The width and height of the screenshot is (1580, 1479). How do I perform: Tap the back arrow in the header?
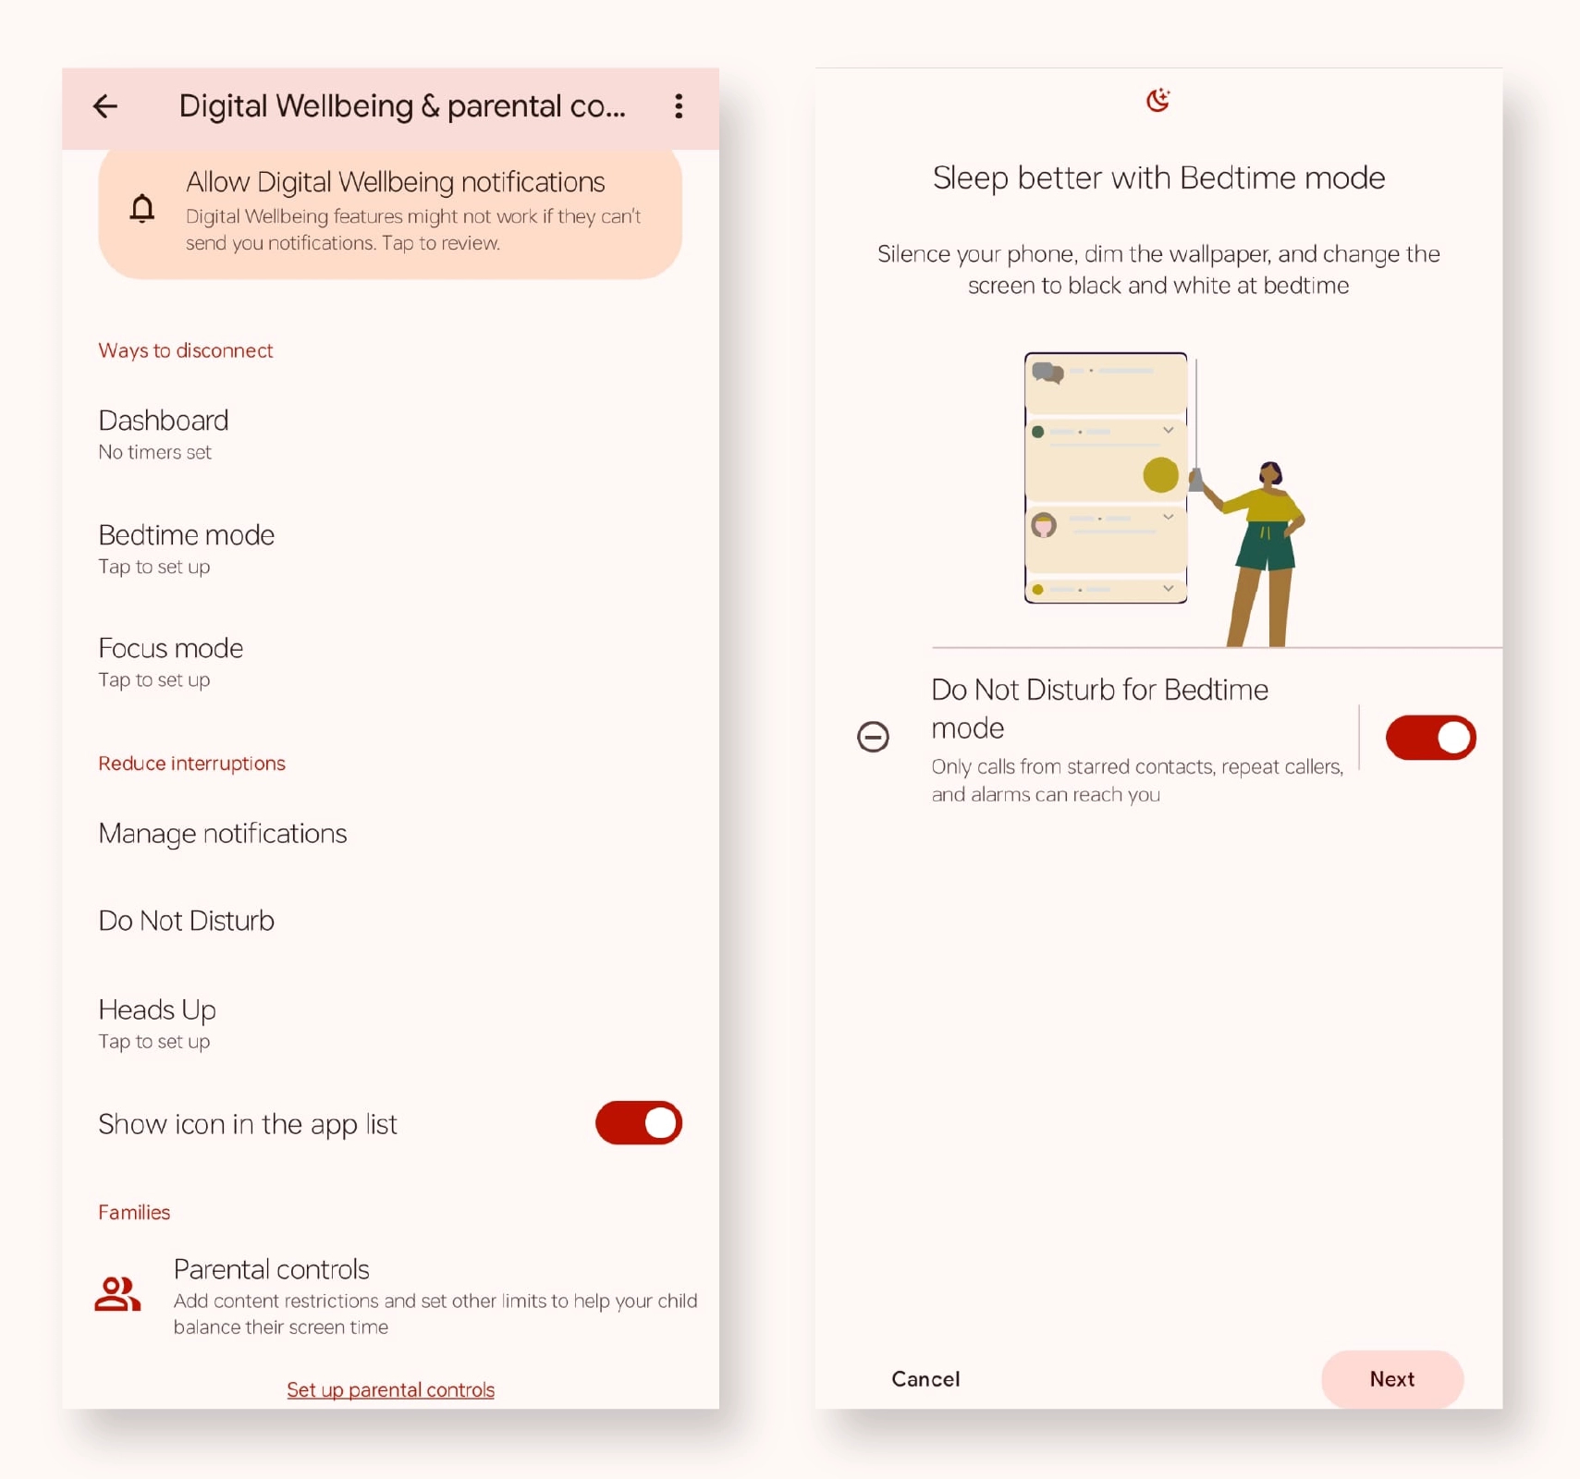pos(105,106)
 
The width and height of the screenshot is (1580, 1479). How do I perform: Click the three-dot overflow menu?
pos(679,106)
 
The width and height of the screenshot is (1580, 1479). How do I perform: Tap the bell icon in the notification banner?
pos(141,209)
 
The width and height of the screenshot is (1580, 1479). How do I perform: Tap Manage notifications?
pos(223,834)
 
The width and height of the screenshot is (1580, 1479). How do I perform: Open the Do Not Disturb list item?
pos(187,921)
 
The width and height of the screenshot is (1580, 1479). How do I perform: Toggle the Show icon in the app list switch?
pos(639,1123)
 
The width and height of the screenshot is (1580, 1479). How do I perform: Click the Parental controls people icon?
pos(117,1294)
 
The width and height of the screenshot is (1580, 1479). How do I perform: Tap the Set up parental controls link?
pos(390,1389)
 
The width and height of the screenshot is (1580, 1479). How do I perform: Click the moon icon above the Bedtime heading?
pos(1157,100)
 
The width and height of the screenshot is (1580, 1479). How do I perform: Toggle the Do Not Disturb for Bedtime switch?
pos(1430,738)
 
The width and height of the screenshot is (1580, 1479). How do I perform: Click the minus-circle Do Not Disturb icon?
pos(873,737)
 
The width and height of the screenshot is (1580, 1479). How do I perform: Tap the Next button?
pos(1392,1379)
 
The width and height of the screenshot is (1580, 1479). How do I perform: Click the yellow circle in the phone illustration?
pos(1160,475)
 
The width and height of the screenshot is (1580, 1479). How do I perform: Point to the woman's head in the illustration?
pos(1271,473)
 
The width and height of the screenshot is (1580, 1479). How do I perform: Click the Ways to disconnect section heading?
pos(186,350)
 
